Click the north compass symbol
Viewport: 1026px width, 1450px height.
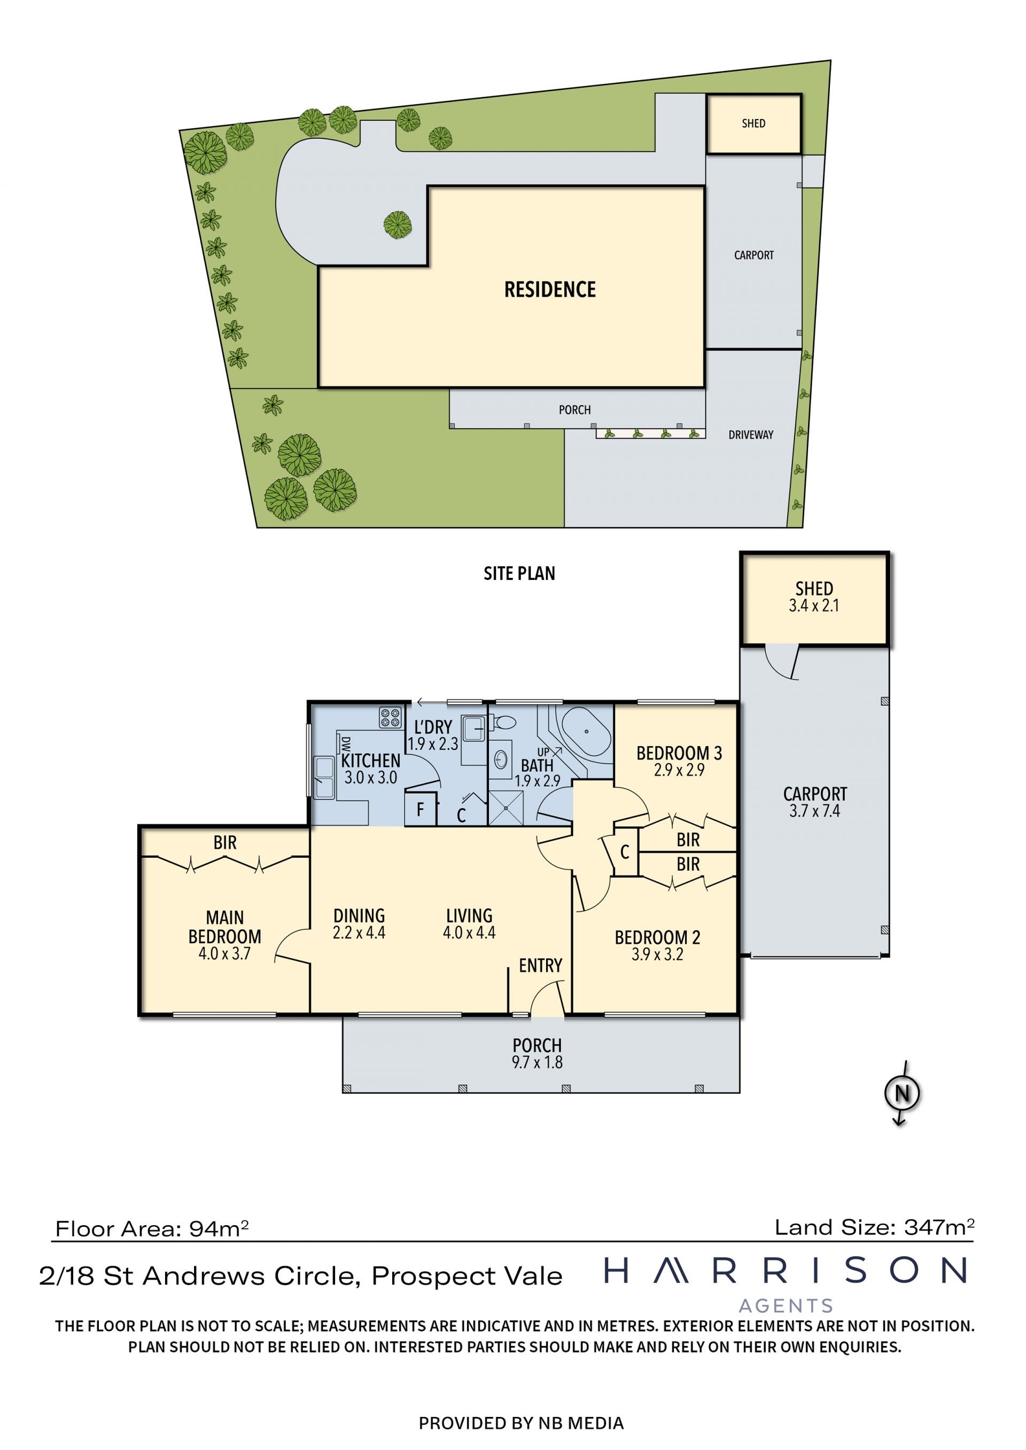902,1093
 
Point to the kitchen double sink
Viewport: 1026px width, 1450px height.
324,778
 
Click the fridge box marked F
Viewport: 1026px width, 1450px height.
421,809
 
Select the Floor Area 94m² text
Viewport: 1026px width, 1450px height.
152,1229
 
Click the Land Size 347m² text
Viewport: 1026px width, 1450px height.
874,1227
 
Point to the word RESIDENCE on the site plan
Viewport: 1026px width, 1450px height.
550,289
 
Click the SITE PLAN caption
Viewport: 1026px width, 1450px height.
519,574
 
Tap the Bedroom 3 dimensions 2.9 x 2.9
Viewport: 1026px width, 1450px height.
679,770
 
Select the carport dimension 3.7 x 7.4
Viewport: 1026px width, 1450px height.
815,811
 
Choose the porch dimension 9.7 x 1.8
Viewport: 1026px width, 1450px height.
537,1062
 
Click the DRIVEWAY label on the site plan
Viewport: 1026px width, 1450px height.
751,435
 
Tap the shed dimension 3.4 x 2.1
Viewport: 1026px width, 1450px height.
814,606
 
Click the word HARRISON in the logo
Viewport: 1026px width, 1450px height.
786,1271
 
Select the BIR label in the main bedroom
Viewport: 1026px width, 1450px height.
225,842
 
